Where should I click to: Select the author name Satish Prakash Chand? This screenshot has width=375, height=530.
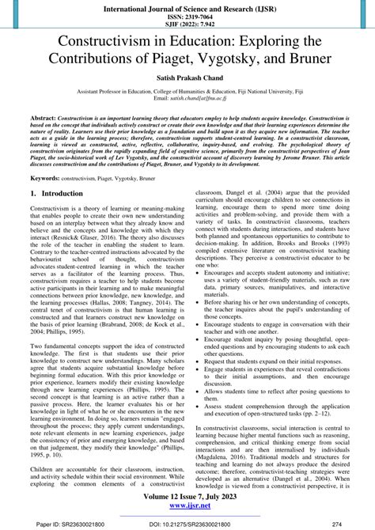187,81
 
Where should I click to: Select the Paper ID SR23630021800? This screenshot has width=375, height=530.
70,522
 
